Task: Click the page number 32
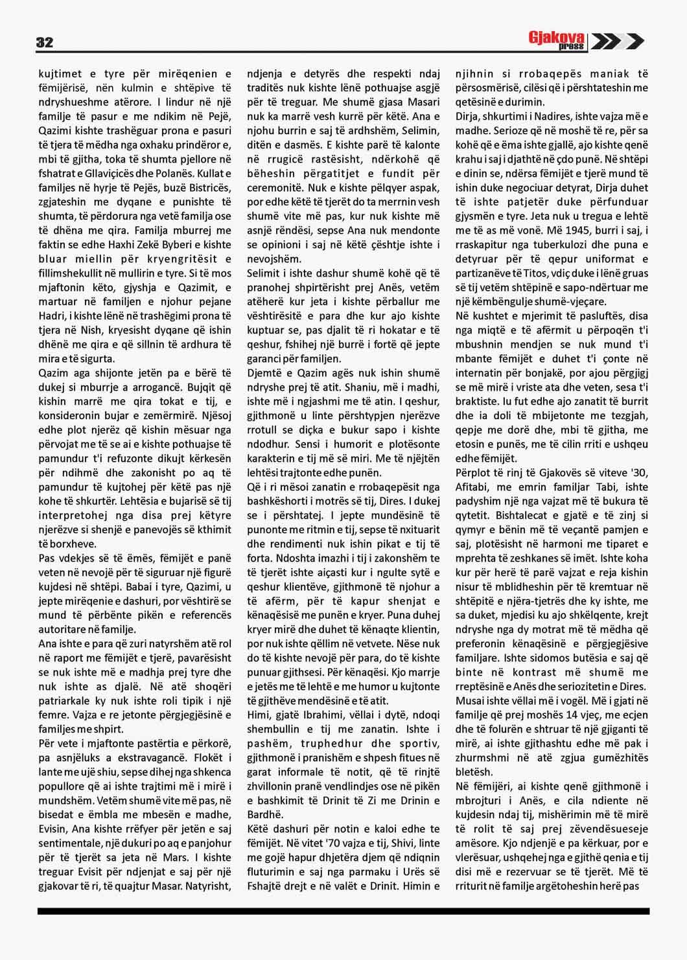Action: pos(45,43)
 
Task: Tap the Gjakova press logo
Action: pos(557,41)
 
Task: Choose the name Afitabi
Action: pos(472,488)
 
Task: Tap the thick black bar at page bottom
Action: pos(343,911)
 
